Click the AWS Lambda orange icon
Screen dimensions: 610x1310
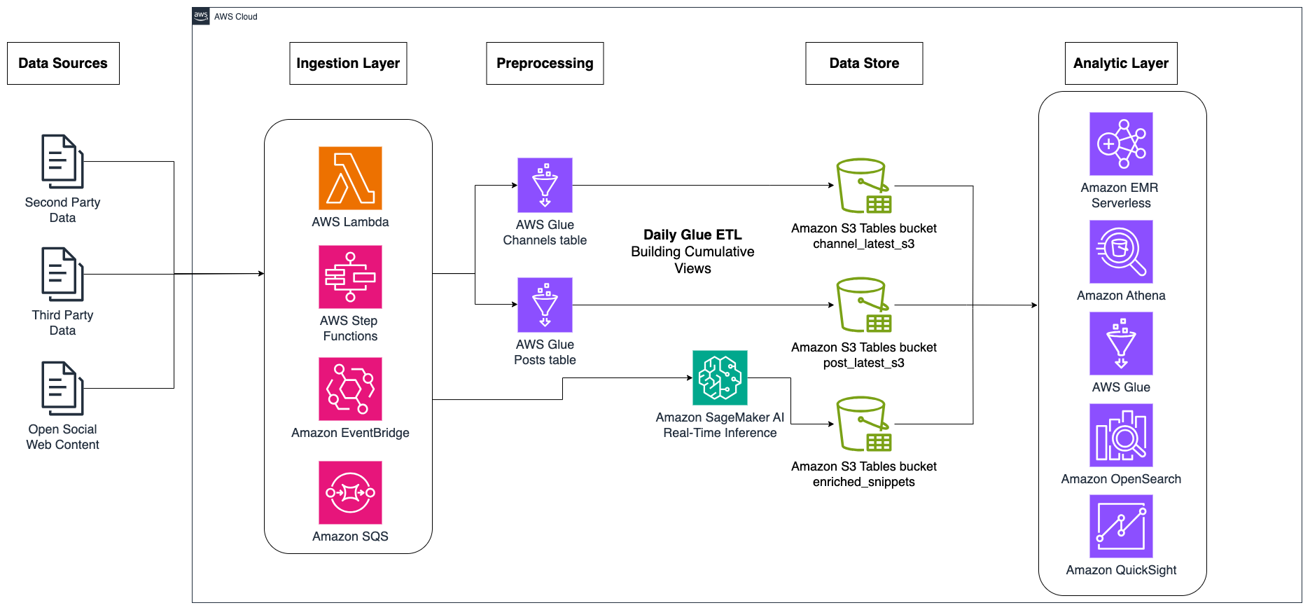tap(350, 178)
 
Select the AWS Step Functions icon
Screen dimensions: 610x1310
tap(350, 277)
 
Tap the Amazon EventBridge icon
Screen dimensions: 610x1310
tap(350, 389)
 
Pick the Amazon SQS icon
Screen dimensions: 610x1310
tap(350, 492)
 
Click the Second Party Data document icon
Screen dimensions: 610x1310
tap(62, 162)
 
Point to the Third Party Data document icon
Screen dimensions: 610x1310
tap(62, 275)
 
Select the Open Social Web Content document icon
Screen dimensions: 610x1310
tap(62, 389)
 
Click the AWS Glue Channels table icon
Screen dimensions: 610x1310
tap(545, 185)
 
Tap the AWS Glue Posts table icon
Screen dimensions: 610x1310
tap(545, 305)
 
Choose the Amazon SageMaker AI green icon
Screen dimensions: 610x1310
tap(720, 377)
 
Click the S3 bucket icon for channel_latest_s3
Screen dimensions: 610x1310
tap(863, 186)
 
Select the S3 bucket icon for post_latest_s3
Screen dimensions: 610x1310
tap(863, 305)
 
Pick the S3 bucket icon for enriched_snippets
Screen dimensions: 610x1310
tap(863, 424)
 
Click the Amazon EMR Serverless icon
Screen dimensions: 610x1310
tap(1121, 144)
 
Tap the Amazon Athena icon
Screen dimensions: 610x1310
tap(1121, 251)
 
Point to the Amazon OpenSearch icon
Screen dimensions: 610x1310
tap(1121, 435)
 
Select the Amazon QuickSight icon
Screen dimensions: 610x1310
tap(1121, 526)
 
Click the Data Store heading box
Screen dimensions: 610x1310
tap(864, 63)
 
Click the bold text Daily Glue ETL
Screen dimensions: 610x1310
tap(692, 235)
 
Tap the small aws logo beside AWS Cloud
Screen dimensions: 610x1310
tap(201, 15)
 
